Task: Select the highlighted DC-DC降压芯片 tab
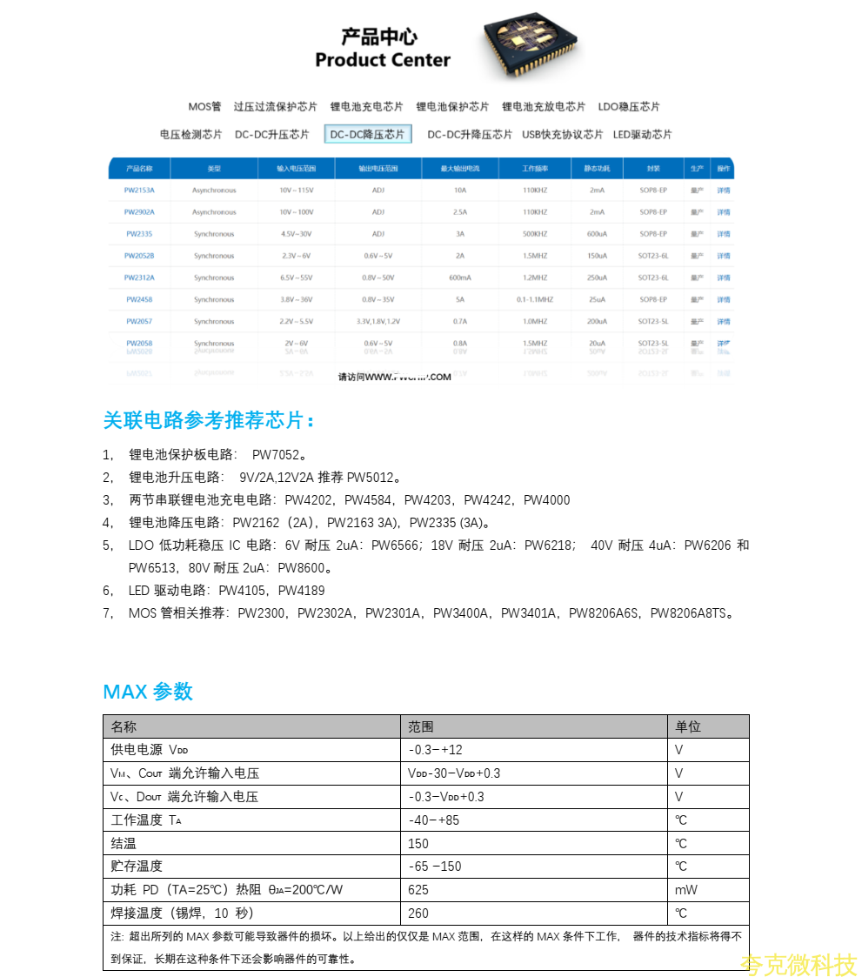367,134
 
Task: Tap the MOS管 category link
204,107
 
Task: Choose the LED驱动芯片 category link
642,134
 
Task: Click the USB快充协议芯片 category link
562,134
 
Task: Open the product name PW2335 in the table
139,234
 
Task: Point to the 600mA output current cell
460,278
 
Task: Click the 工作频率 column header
535,169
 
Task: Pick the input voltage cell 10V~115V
295,191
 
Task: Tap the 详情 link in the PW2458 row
724,299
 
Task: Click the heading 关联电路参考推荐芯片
209,421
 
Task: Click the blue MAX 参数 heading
148,692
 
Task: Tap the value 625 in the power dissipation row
418,890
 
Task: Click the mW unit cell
685,890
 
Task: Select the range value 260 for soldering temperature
418,913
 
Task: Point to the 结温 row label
124,843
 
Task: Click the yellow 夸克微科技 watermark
799,964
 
